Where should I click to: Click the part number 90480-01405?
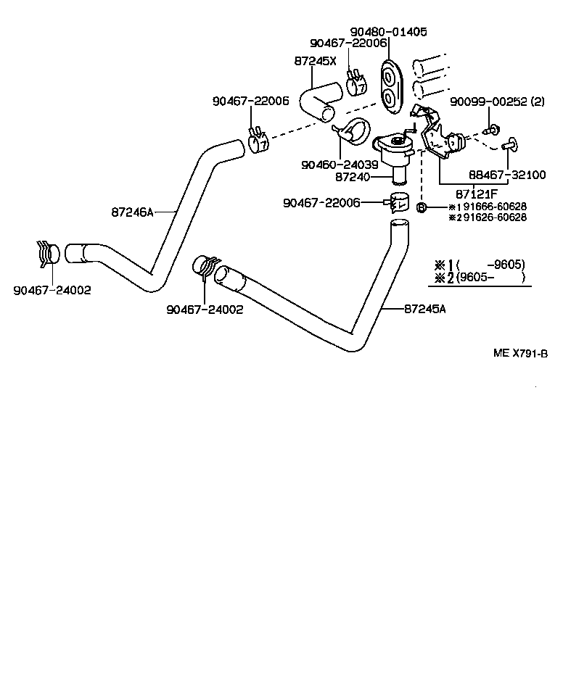[388, 32]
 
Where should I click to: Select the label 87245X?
[316, 61]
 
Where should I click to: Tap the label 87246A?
[133, 212]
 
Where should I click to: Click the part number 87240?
[353, 176]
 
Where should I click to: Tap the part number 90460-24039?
[340, 165]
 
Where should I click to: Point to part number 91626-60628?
[490, 217]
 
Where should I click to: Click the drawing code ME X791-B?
[519, 353]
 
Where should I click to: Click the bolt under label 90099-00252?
[493, 130]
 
